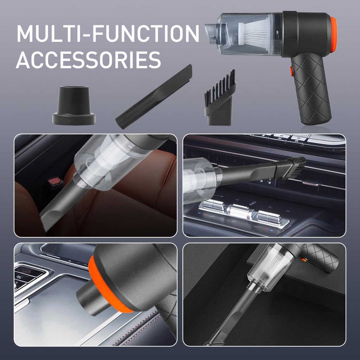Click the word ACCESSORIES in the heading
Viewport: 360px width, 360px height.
tap(88, 60)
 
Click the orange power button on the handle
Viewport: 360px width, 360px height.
tap(291, 71)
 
